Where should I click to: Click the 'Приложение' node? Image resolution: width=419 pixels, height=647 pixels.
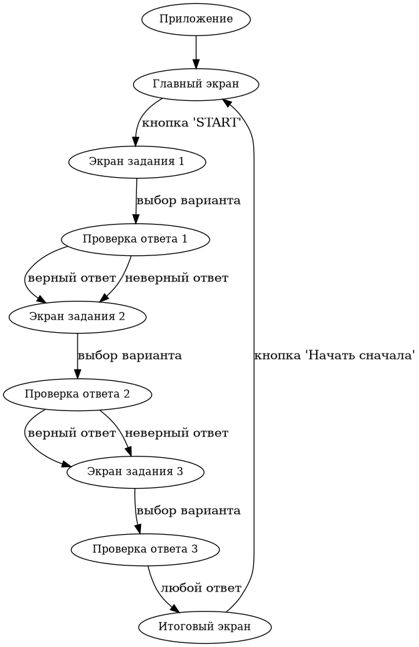(x=196, y=19)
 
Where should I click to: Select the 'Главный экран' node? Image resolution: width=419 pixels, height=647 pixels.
(x=196, y=84)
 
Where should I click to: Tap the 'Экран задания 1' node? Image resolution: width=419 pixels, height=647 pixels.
(x=136, y=161)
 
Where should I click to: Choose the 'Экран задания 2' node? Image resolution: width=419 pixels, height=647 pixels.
(x=78, y=316)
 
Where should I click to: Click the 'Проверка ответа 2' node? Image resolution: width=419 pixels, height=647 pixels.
(x=78, y=394)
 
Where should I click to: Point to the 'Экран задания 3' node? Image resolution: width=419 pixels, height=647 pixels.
(x=136, y=471)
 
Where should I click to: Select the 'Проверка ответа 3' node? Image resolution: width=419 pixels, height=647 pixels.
(x=144, y=549)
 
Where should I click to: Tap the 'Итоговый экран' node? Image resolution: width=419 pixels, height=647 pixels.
(x=204, y=626)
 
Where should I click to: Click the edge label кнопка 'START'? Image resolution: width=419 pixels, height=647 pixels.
(x=192, y=123)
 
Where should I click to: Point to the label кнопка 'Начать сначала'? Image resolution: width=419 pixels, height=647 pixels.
(x=335, y=356)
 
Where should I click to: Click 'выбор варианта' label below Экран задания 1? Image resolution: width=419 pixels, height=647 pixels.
(x=188, y=200)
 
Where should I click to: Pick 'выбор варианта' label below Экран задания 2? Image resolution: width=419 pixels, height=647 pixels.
(x=130, y=356)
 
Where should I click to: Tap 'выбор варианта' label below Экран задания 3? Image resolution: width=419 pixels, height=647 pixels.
(x=188, y=511)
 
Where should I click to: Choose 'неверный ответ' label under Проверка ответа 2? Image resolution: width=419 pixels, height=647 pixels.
(x=176, y=433)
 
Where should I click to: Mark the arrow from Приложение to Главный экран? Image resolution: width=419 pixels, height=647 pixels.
(x=196, y=49)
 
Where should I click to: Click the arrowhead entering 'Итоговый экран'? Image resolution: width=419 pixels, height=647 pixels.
(x=176, y=610)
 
